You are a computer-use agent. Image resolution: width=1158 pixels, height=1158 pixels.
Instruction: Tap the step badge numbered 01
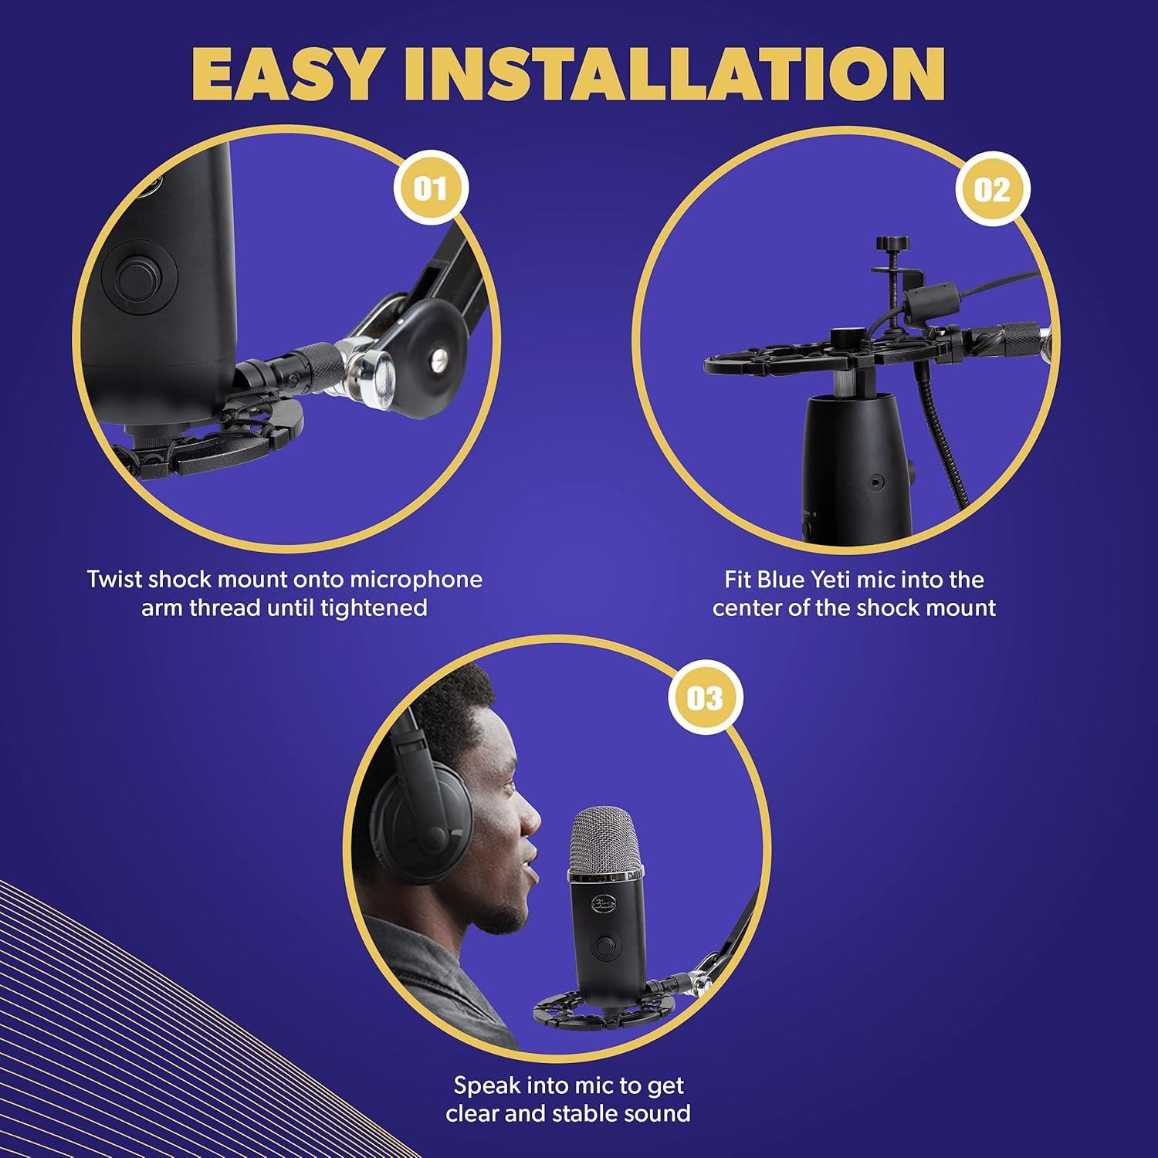pos(430,188)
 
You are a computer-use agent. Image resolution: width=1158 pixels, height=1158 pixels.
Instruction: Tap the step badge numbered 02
pos(992,189)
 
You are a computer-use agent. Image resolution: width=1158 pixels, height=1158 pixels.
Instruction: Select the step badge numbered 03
pos(705,698)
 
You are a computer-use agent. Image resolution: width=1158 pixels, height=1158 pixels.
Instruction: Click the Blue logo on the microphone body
pos(603,905)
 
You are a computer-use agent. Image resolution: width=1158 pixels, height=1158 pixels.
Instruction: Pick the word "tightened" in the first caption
pos(374,608)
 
